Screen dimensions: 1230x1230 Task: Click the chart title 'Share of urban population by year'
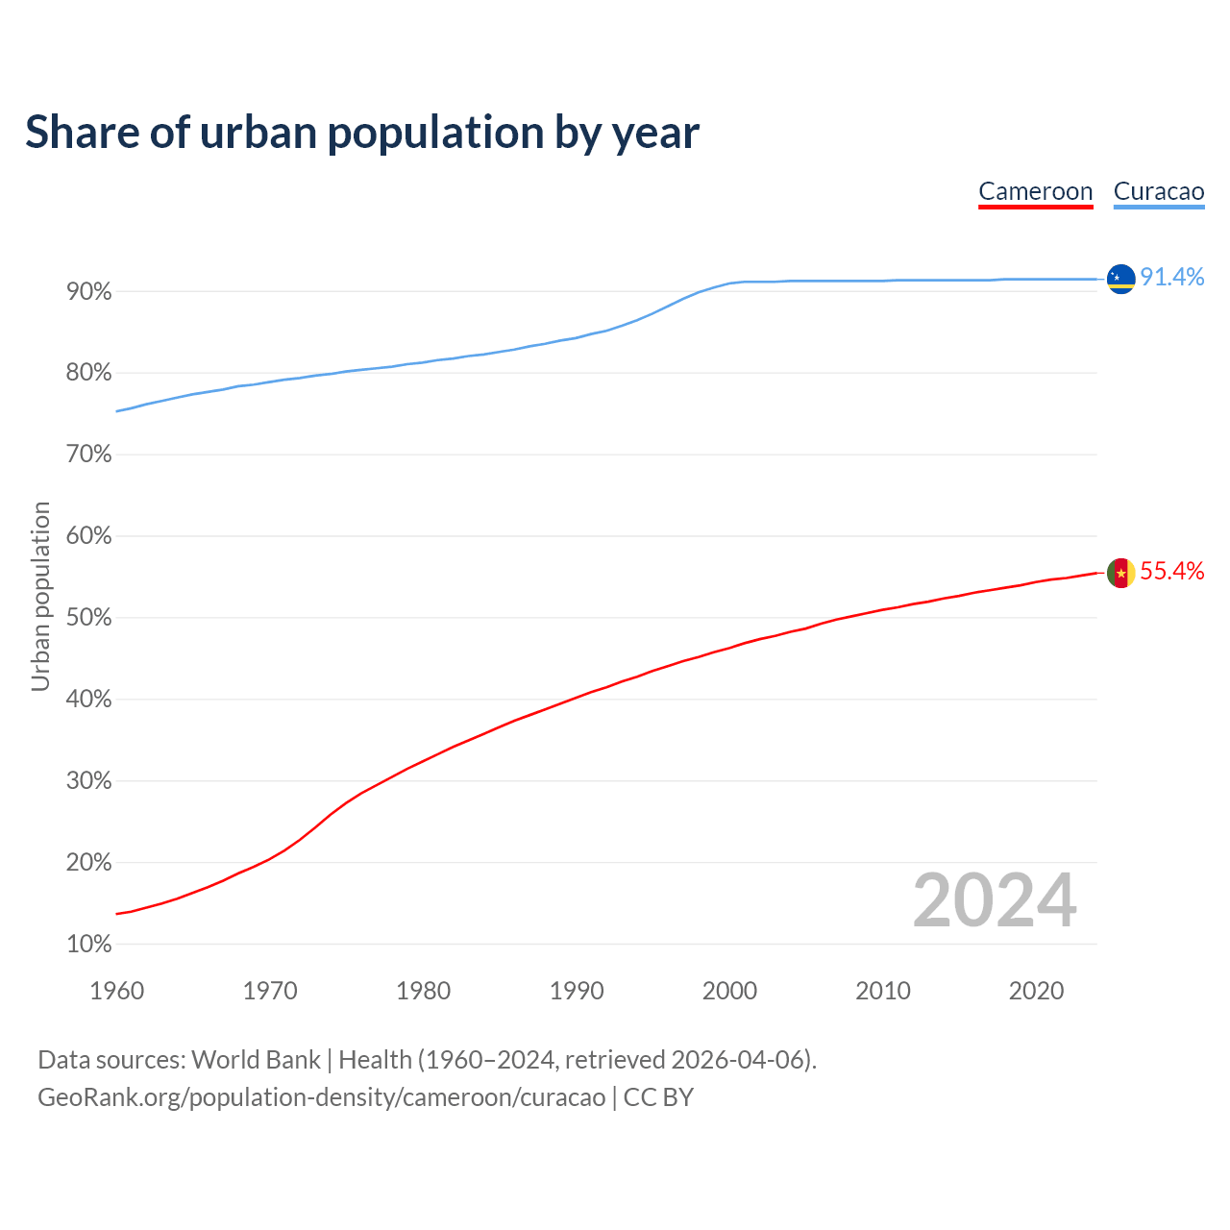coord(362,133)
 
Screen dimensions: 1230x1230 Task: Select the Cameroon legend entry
coord(1035,192)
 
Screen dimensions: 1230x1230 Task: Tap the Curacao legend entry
coord(1158,192)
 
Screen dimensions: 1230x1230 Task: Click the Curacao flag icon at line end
coord(1120,279)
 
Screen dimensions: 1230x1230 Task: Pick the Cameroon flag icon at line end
coord(1120,573)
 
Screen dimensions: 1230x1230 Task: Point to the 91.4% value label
coord(1171,278)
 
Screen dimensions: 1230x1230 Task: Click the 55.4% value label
coord(1171,572)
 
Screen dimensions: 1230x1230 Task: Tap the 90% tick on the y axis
coord(89,292)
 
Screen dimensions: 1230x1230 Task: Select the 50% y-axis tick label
coord(89,618)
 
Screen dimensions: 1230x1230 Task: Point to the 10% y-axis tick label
coord(89,945)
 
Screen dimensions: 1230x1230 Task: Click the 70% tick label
coord(89,455)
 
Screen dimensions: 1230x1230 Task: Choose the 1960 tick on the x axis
coord(117,991)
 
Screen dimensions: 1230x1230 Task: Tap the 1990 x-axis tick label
coord(577,991)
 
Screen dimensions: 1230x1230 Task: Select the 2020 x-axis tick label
coord(1036,991)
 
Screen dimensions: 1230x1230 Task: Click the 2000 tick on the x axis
coord(729,991)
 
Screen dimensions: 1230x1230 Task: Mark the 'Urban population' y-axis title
coord(40,596)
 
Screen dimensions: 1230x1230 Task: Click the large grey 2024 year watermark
coord(995,900)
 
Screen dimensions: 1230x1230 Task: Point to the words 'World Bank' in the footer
coord(256,1060)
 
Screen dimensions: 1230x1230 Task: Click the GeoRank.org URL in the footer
coord(322,1097)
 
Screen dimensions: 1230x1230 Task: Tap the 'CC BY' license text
coord(658,1097)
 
